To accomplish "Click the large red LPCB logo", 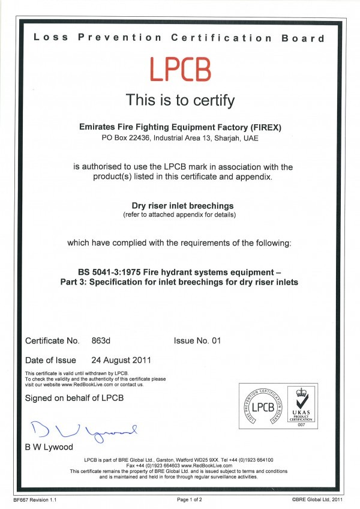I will coord(179,69).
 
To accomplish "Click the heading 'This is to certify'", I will coord(179,100).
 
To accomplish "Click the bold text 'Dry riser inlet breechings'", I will coord(179,205).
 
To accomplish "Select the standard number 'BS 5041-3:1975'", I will coord(107,270).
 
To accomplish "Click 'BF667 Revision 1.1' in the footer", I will coord(35,499).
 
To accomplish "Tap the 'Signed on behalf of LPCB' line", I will coord(73,399).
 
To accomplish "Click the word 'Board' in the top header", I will coord(303,38).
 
